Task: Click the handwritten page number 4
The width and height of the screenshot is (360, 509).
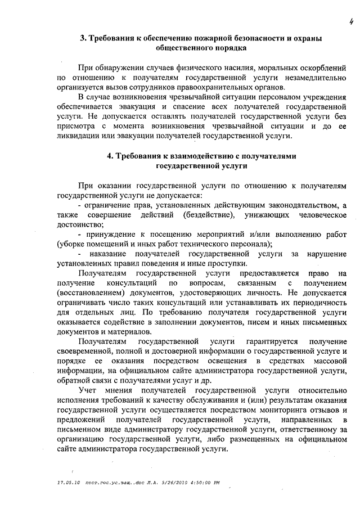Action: (349, 22)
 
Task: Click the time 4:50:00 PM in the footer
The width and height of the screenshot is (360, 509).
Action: (201, 483)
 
